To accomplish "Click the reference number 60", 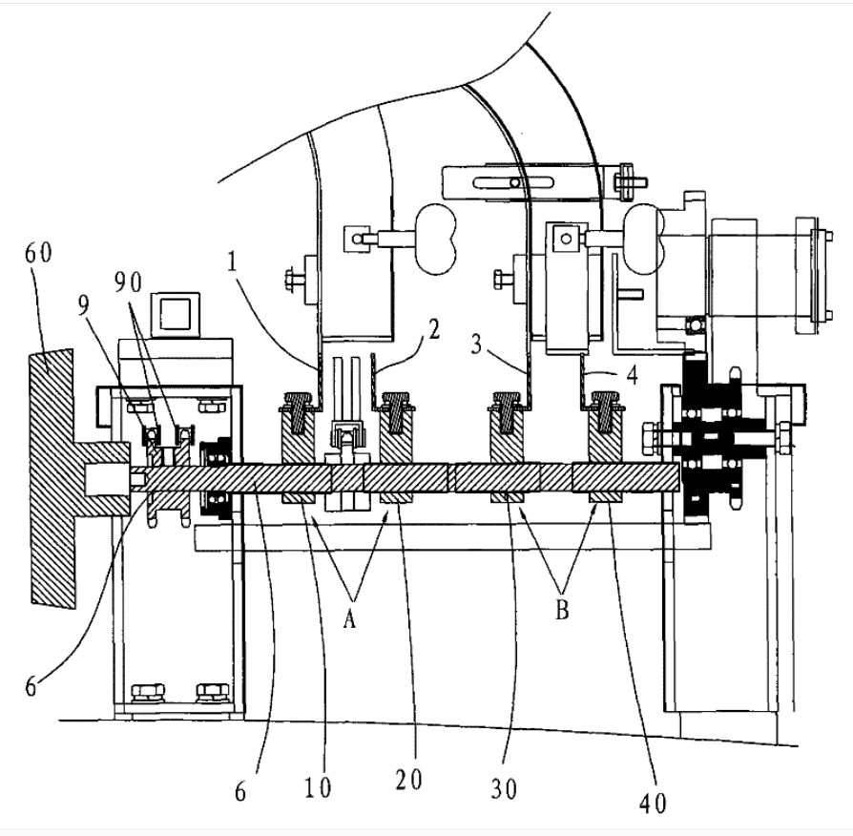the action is (x=38, y=254).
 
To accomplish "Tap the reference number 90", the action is (x=129, y=282).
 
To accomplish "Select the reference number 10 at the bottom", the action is (x=318, y=787).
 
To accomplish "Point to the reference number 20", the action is (x=408, y=780).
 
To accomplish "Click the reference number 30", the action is (x=504, y=788).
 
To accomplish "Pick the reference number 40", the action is (x=653, y=803).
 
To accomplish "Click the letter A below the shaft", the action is (x=349, y=617).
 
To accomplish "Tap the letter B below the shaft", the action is (x=562, y=609).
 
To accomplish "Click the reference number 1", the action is (x=233, y=262).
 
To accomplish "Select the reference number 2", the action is (x=433, y=328).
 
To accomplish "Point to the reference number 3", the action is (x=476, y=344).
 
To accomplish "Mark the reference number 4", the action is (x=632, y=375).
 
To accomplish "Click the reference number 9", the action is (x=83, y=306).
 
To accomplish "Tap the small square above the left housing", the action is (x=176, y=314).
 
